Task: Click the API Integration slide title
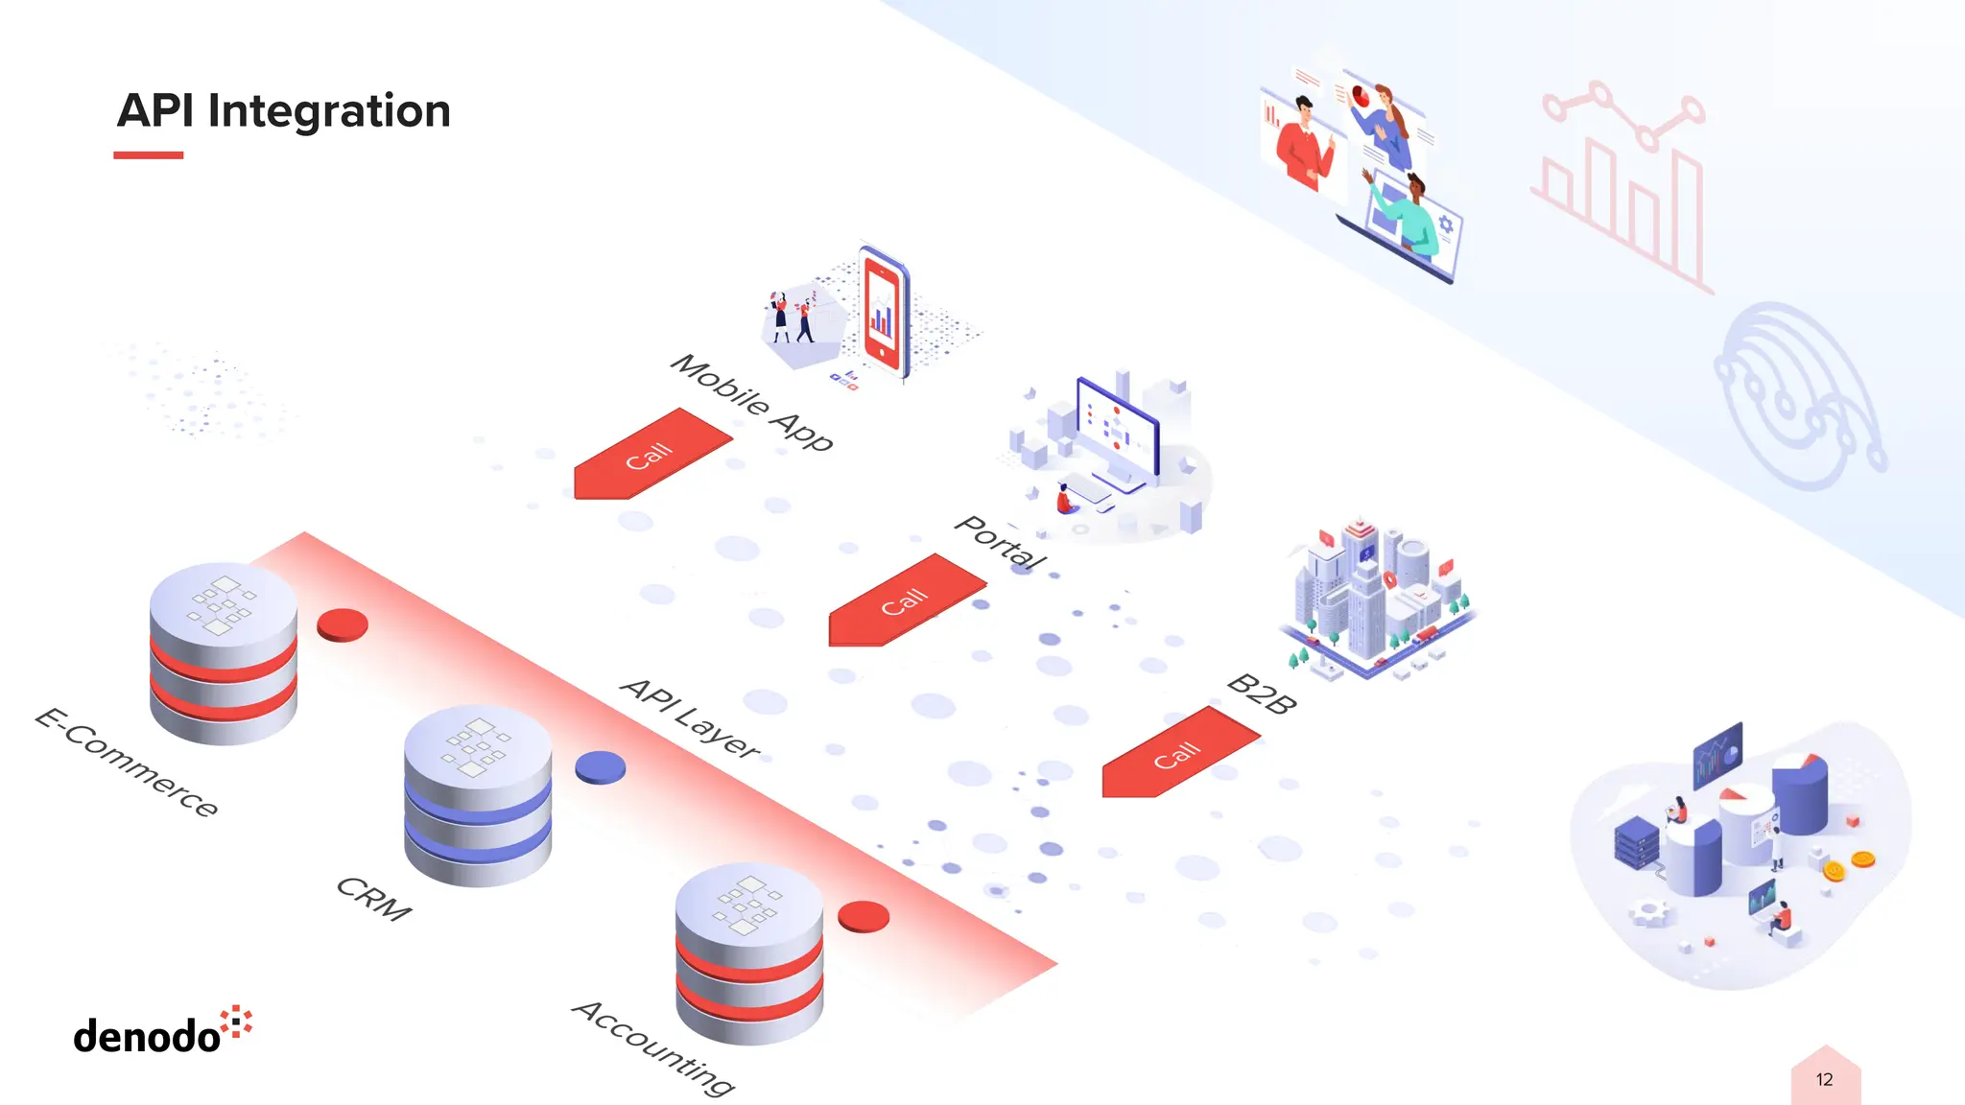pyautogui.click(x=284, y=111)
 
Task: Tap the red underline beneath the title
pyautogui.click(x=148, y=154)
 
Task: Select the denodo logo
pyautogui.click(x=162, y=1031)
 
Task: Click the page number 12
pyautogui.click(x=1824, y=1080)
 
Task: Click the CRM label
pyautogui.click(x=373, y=899)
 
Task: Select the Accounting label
pyautogui.click(x=653, y=1046)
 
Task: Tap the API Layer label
pyautogui.click(x=690, y=717)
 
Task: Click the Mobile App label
pyautogui.click(x=751, y=402)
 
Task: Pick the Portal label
pyautogui.click(x=1001, y=543)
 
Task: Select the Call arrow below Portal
pyautogui.click(x=905, y=601)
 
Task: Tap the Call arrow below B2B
pyautogui.click(x=1177, y=754)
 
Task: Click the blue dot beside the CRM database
pyautogui.click(x=601, y=767)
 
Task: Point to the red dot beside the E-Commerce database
pyautogui.click(x=343, y=625)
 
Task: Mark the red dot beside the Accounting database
pyautogui.click(x=864, y=917)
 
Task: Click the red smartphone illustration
pyautogui.click(x=883, y=312)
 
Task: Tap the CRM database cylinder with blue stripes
pyautogui.click(x=477, y=796)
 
